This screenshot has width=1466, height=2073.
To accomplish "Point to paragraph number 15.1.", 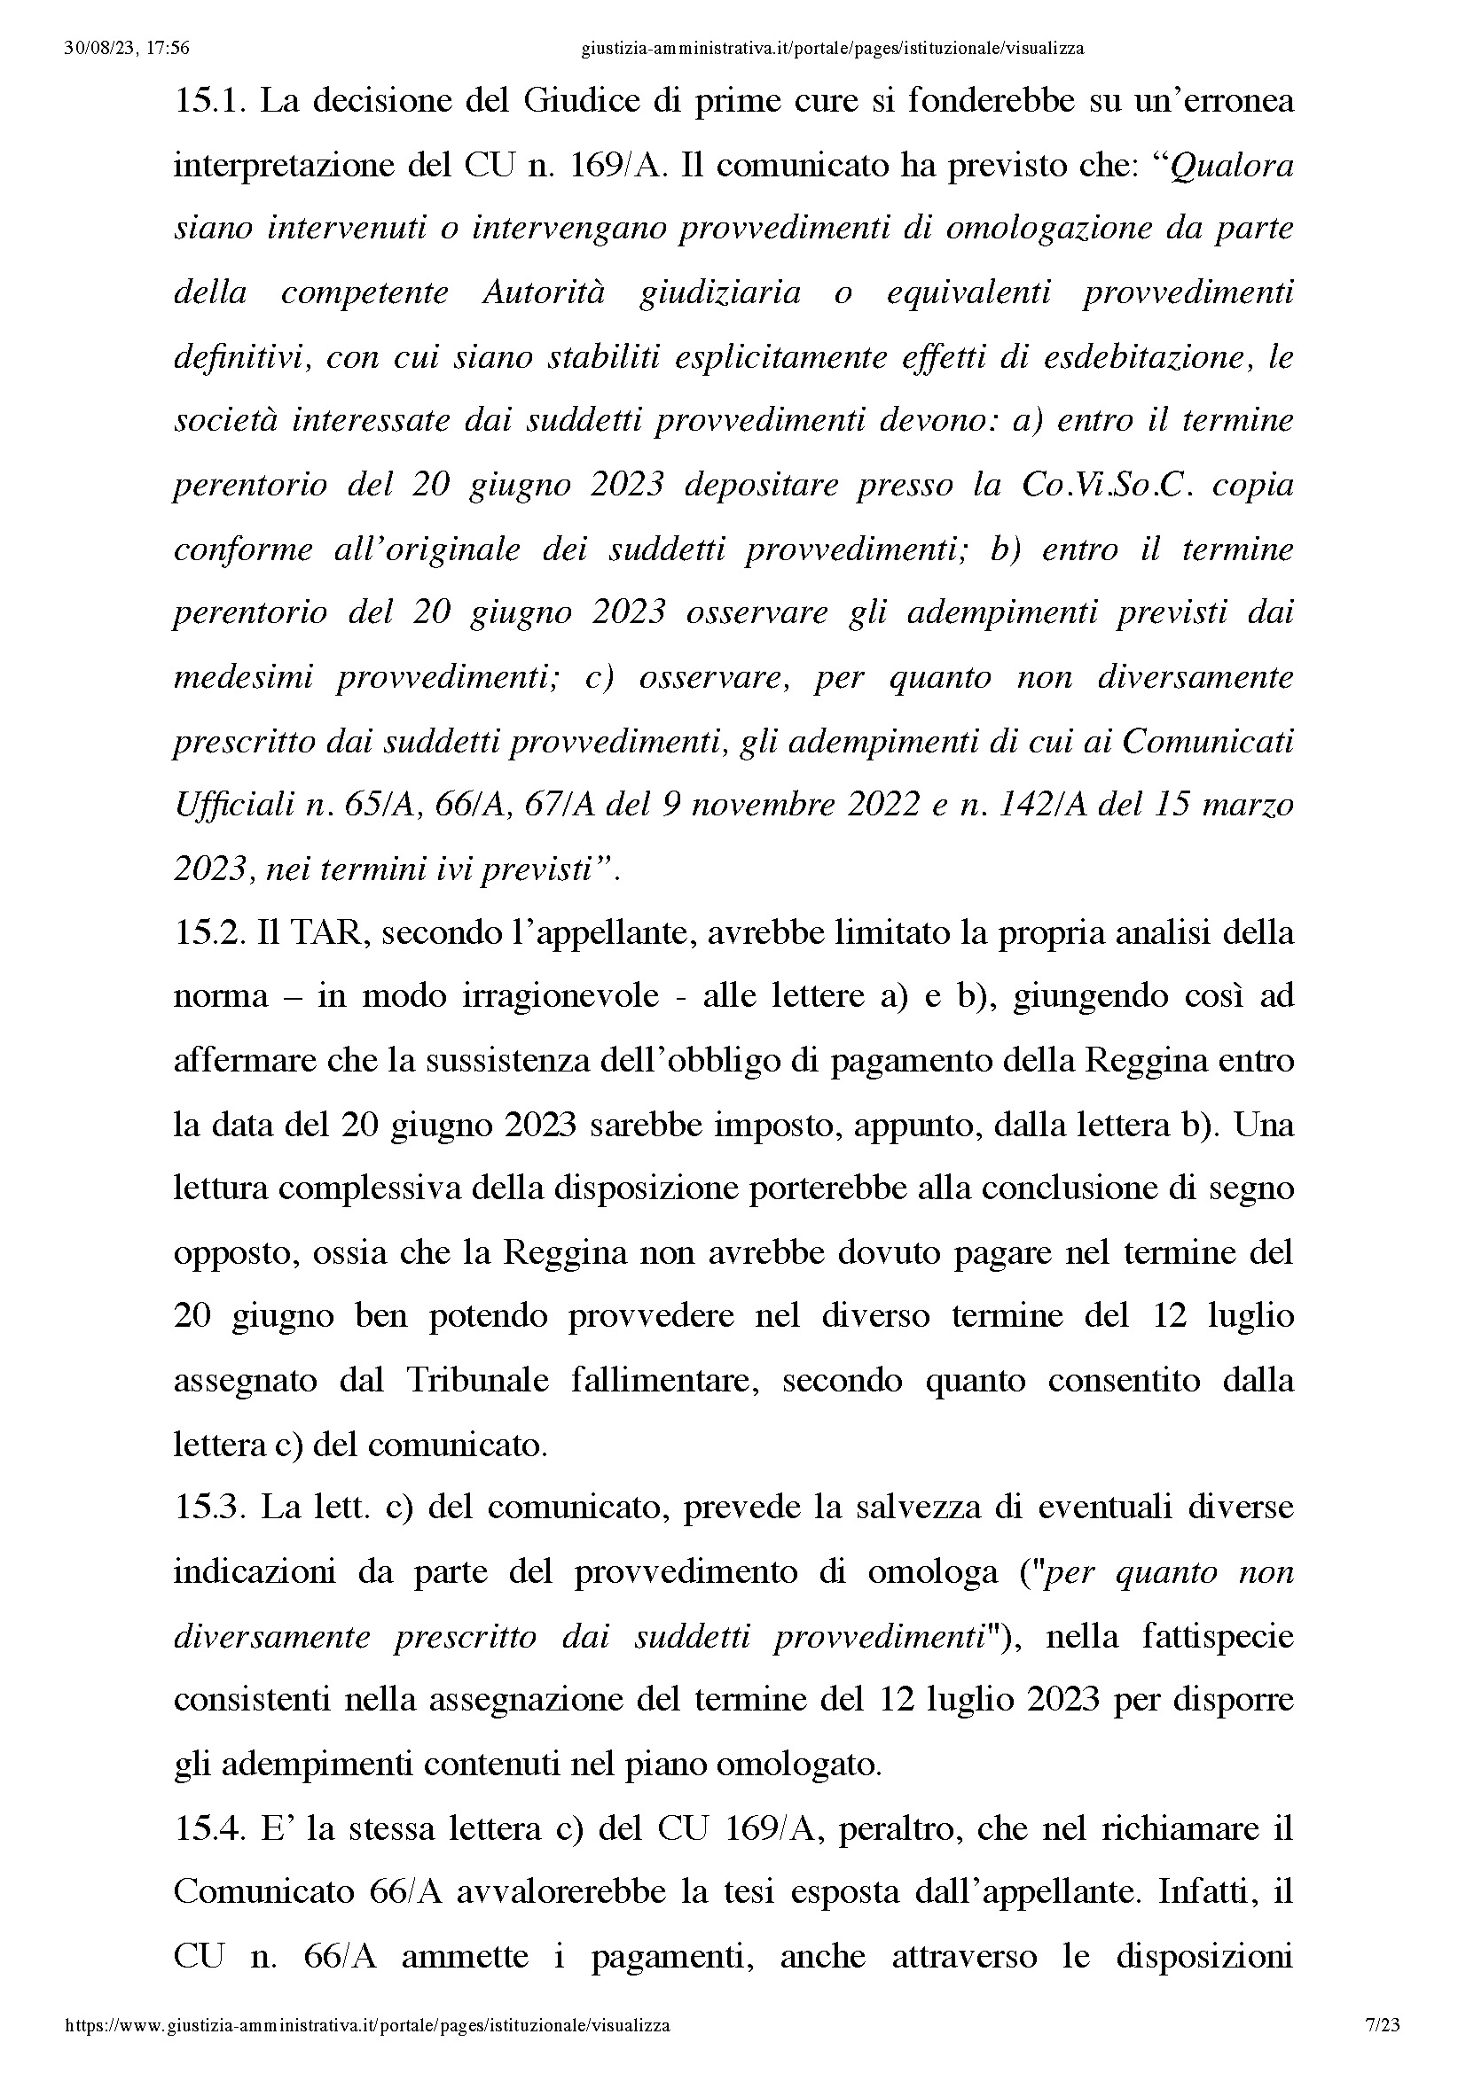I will click(210, 101).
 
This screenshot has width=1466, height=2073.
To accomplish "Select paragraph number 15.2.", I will click(209, 932).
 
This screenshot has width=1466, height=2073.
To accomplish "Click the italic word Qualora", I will click(1232, 166).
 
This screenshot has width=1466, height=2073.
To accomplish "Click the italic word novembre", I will click(758, 805).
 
